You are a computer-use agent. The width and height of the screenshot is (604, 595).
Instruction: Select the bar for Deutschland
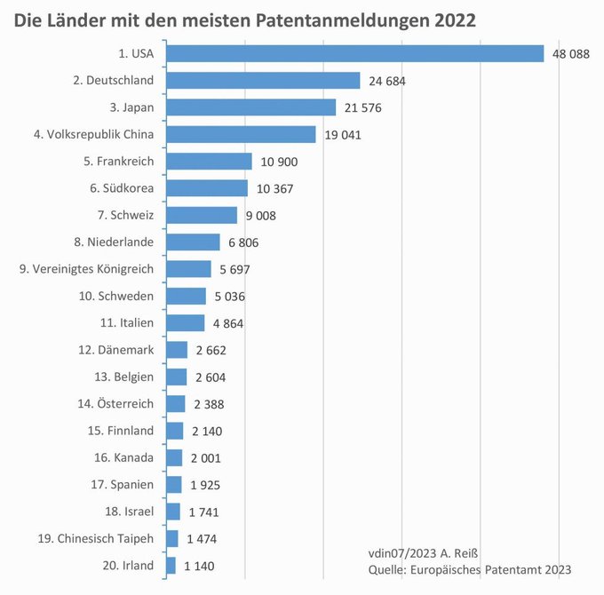263,81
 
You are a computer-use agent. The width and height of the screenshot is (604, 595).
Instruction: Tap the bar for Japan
251,107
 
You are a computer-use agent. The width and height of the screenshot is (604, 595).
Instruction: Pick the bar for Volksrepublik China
242,134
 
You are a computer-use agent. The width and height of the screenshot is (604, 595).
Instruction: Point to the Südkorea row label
122,188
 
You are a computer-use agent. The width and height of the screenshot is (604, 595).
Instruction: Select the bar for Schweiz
203,215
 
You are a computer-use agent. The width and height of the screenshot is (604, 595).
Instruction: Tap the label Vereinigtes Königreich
86,269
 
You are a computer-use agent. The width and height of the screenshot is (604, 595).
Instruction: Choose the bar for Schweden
187,296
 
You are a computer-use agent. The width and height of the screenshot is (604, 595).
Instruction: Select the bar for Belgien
177,377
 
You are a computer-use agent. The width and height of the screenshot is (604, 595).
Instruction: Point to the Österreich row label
115,404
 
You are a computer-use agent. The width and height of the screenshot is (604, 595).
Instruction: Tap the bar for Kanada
175,457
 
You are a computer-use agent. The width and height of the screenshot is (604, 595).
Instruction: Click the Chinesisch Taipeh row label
98,538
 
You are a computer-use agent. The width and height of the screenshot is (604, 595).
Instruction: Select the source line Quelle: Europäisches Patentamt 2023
468,568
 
